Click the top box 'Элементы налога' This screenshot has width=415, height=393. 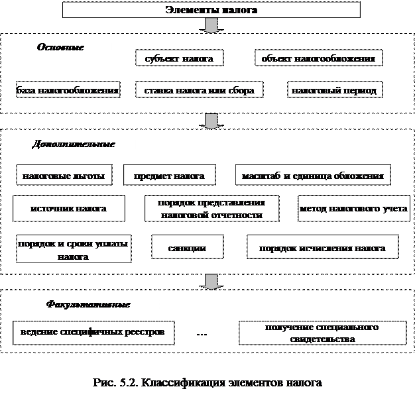(x=211, y=10)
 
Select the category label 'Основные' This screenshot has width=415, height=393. (x=60, y=48)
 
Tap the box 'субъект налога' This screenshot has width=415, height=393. (x=178, y=59)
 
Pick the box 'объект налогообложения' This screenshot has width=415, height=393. (x=318, y=59)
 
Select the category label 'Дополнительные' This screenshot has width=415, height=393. (x=74, y=144)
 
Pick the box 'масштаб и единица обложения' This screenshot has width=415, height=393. (x=312, y=176)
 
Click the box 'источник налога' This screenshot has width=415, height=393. (x=69, y=209)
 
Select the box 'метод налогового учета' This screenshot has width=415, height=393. (x=353, y=209)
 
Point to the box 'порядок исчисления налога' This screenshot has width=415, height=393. (x=323, y=249)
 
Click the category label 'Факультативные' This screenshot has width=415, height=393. (x=88, y=305)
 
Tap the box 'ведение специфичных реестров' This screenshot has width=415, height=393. (x=88, y=331)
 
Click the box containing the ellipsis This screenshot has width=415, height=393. (x=202, y=333)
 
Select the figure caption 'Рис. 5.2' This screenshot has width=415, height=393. (x=208, y=384)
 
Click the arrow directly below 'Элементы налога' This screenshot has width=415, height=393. (x=211, y=25)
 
